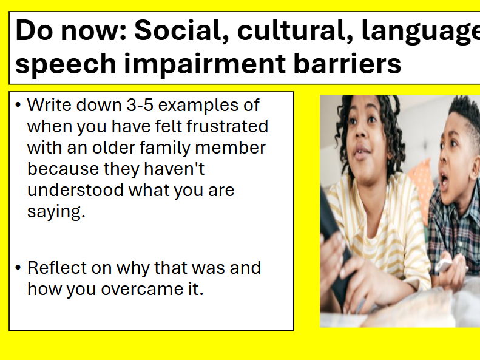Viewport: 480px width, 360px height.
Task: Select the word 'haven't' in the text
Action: (181, 169)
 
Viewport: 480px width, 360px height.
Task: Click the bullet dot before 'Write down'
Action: (18, 106)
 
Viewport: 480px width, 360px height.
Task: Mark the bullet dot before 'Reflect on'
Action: (18, 268)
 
